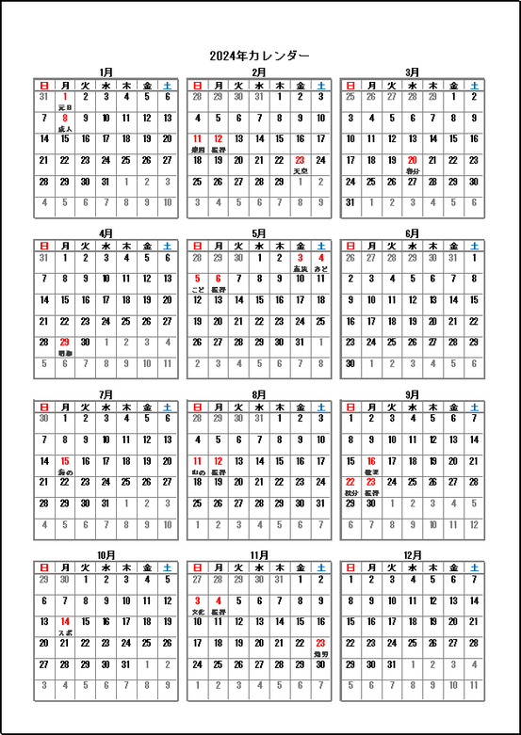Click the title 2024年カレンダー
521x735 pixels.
259,56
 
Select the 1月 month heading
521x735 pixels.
106,72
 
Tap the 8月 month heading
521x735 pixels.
258,393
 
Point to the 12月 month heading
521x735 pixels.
412,554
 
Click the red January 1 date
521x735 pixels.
65,96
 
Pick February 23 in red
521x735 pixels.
300,160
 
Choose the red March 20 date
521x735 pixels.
413,160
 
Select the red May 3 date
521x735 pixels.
300,257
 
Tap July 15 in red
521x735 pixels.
65,461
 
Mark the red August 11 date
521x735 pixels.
198,461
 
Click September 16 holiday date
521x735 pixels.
371,461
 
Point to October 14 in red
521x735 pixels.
65,622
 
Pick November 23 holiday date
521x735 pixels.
320,644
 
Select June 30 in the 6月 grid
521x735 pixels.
350,363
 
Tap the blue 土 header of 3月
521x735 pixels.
474,85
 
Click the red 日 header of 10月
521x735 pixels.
44,567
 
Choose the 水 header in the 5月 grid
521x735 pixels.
259,246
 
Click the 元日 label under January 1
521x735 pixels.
65,107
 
